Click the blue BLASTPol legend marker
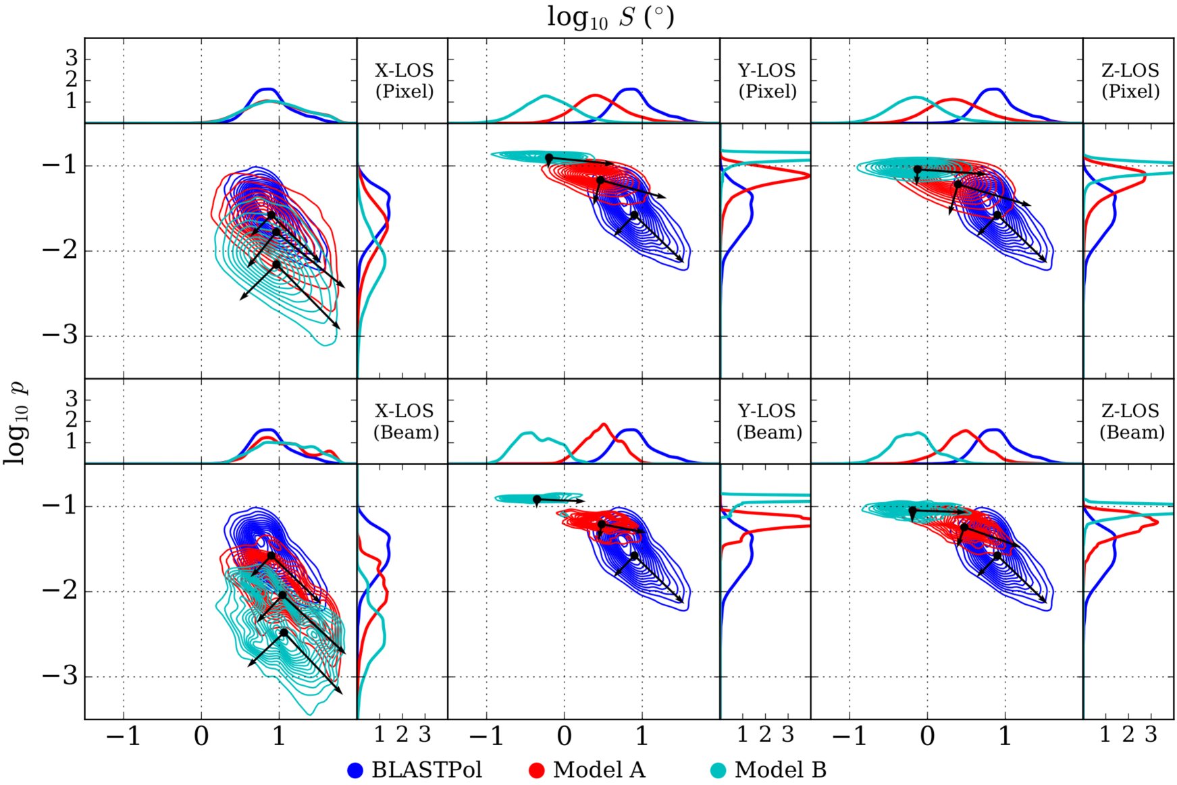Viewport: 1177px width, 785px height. (355, 770)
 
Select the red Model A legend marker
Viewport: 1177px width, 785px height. (537, 770)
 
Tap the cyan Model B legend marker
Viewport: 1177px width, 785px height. (718, 770)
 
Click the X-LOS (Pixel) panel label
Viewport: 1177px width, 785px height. (404, 81)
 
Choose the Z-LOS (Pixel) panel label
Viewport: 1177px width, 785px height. (1130, 81)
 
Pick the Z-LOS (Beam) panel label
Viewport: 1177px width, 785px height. (1132, 422)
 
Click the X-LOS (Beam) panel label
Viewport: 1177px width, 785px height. (406, 422)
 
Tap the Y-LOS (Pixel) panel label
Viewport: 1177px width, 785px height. (767, 81)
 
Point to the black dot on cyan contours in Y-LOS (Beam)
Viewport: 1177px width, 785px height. (537, 499)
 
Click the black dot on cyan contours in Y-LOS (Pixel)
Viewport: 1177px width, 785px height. (549, 158)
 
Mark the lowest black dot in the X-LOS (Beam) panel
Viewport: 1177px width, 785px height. (284, 632)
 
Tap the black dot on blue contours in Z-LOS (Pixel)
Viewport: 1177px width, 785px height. (997, 215)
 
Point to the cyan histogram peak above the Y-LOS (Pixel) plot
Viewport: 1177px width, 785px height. (544, 96)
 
